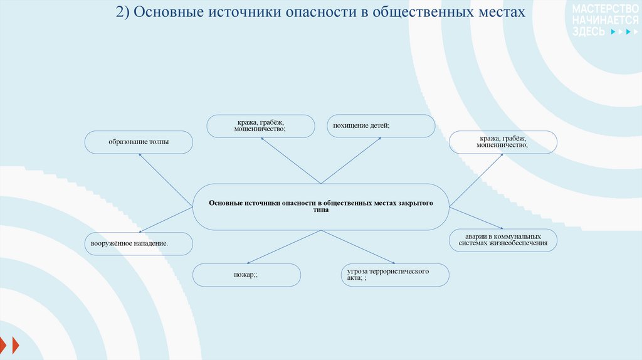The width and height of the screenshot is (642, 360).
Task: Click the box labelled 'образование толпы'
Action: click(x=139, y=142)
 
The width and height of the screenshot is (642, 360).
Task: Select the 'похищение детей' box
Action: click(x=381, y=126)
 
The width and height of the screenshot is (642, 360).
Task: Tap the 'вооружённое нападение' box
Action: click(x=139, y=243)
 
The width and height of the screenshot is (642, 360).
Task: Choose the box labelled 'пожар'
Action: click(x=246, y=275)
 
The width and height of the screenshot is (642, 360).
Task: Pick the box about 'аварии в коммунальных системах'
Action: click(x=503, y=240)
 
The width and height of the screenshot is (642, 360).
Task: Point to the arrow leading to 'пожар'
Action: click(x=284, y=245)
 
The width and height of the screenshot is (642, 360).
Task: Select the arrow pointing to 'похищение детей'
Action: click(x=351, y=161)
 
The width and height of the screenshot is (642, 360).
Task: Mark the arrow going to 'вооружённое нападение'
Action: click(x=166, y=218)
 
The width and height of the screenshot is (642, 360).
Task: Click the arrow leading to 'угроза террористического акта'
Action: click(x=357, y=246)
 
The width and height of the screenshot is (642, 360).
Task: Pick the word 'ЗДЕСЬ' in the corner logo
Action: click(x=588, y=31)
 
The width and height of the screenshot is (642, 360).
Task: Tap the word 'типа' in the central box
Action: click(x=321, y=211)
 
